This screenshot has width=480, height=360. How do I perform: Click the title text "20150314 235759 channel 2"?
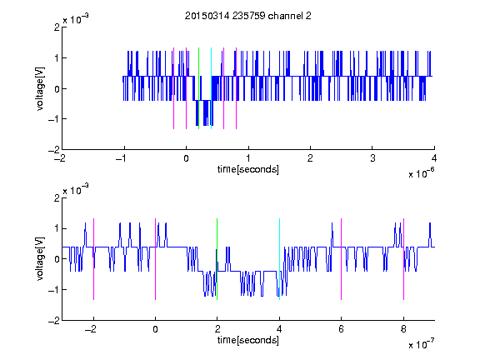click(248, 16)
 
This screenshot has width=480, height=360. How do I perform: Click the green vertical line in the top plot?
click(198, 88)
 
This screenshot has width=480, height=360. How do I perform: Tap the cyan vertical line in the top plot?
click(211, 88)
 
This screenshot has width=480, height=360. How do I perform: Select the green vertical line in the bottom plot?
click(217, 259)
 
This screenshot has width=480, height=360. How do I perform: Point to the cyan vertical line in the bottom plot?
click(279, 259)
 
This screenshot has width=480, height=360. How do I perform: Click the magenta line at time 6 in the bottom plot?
click(342, 259)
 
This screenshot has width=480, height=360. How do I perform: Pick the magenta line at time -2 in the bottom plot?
click(93, 259)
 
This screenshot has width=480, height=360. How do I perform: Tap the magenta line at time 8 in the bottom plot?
click(404, 259)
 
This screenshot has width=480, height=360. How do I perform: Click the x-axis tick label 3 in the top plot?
click(372, 158)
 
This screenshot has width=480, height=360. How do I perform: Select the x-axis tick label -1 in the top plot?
click(122, 158)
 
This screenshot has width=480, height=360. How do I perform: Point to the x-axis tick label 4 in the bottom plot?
click(279, 329)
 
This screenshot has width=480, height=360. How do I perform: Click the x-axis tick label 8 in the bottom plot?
click(403, 329)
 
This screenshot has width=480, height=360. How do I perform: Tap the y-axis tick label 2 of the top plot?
click(57, 27)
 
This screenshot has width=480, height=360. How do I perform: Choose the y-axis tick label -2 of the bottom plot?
click(54, 321)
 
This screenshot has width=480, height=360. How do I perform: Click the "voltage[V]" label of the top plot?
click(40, 88)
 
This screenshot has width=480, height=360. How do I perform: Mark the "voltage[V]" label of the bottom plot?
click(40, 259)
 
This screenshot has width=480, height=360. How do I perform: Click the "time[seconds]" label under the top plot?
click(248, 169)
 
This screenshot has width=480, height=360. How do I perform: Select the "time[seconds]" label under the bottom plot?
click(248, 340)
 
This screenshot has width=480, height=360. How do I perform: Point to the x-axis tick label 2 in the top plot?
click(310, 158)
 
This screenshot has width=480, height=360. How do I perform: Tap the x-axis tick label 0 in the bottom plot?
click(155, 329)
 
